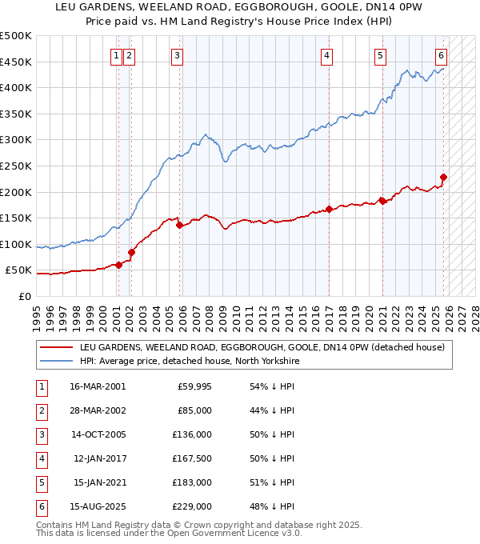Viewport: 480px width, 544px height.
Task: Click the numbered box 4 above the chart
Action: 328,55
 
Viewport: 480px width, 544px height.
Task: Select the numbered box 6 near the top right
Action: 441,55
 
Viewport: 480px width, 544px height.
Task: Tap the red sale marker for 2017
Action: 329,210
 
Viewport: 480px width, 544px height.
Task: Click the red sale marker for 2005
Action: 179,226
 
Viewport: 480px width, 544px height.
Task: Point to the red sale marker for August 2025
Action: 443,178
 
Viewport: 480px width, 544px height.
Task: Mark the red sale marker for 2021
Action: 382,201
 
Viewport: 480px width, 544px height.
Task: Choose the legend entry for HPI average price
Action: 189,362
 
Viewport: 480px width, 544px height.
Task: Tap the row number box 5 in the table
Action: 41,482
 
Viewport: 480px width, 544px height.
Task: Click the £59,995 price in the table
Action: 193,386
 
